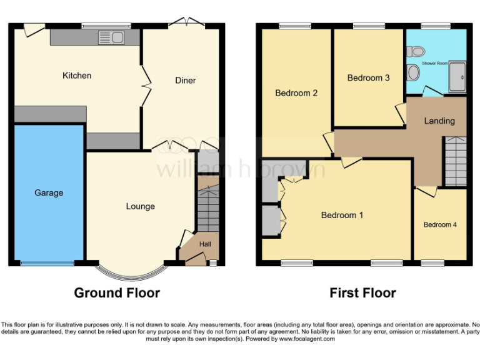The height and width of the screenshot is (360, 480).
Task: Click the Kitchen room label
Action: click(77, 76)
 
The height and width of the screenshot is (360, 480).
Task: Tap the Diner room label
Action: click(185, 81)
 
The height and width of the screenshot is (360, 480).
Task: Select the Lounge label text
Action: click(140, 206)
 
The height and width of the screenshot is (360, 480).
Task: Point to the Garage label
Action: click(49, 193)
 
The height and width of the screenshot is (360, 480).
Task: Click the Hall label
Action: click(205, 244)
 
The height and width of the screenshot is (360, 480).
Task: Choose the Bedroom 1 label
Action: click(342, 215)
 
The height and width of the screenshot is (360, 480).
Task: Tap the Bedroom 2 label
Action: click(296, 93)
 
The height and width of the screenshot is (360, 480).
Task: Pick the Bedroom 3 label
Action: click(368, 78)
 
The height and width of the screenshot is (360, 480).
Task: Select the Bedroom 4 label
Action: click(440, 224)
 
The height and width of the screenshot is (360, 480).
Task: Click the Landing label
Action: click(439, 121)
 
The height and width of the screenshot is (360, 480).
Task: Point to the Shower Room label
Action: click(434, 64)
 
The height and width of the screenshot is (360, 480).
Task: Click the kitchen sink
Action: click(112, 38)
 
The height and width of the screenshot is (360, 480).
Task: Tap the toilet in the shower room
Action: click(416, 51)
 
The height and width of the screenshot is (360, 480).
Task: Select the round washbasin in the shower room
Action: click(413, 73)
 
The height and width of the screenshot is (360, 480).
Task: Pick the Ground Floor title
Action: click(117, 292)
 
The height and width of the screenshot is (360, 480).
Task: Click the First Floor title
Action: click(362, 292)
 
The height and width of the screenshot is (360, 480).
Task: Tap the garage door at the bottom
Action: click(47, 263)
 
